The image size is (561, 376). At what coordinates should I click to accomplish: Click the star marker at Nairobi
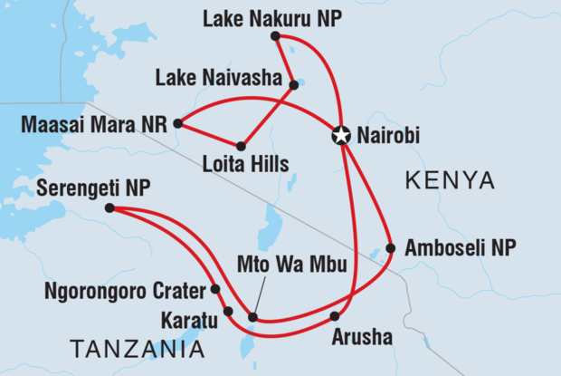[x=341, y=137]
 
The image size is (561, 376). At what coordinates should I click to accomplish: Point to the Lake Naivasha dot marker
[x=293, y=86]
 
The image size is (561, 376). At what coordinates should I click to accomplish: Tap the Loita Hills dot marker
[x=242, y=146]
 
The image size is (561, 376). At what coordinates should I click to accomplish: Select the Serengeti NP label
[x=93, y=188]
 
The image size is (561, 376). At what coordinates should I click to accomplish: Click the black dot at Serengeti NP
[x=109, y=208]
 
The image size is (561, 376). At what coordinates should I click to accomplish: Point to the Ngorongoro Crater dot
[x=215, y=290]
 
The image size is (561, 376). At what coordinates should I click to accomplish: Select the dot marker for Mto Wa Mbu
[x=252, y=317]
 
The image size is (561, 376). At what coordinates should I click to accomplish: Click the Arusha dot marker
[x=335, y=316]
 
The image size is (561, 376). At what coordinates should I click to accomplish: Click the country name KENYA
[x=450, y=180]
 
